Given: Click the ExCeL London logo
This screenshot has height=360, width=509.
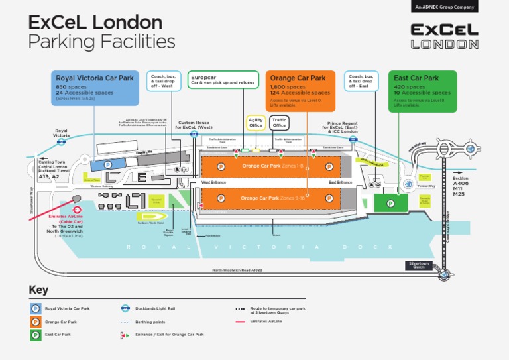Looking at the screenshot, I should click(443, 36).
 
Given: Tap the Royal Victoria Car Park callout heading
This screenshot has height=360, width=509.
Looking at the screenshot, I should click(95, 78).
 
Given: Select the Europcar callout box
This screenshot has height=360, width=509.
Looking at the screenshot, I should click(222, 80).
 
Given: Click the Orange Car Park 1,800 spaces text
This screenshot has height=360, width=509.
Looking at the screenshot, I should click(288, 87).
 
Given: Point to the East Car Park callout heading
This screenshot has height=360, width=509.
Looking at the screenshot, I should click(416, 78).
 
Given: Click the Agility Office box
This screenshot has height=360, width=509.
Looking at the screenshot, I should click(256, 123).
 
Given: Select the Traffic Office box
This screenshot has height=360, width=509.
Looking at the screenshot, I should click(279, 123).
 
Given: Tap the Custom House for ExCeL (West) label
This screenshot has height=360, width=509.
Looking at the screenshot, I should click(194, 125).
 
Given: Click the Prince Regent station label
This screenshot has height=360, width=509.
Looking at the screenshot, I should click(343, 127).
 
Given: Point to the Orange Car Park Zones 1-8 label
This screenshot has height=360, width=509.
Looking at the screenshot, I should click(272, 166).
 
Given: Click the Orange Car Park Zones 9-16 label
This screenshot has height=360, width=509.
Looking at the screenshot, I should click(272, 198).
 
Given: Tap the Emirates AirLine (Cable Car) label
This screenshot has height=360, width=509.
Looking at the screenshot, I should click(66, 219).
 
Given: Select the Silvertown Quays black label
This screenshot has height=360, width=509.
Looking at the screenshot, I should click(419, 265).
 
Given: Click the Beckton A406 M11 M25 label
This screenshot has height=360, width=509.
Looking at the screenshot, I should click(461, 186).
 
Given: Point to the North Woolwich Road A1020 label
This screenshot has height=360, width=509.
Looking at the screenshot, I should click(237, 270).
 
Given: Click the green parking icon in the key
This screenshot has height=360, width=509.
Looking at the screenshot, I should click(35, 335).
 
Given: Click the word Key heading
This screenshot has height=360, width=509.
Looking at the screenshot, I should click(38, 290).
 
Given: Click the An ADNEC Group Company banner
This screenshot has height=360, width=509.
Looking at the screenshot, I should click(444, 7).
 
